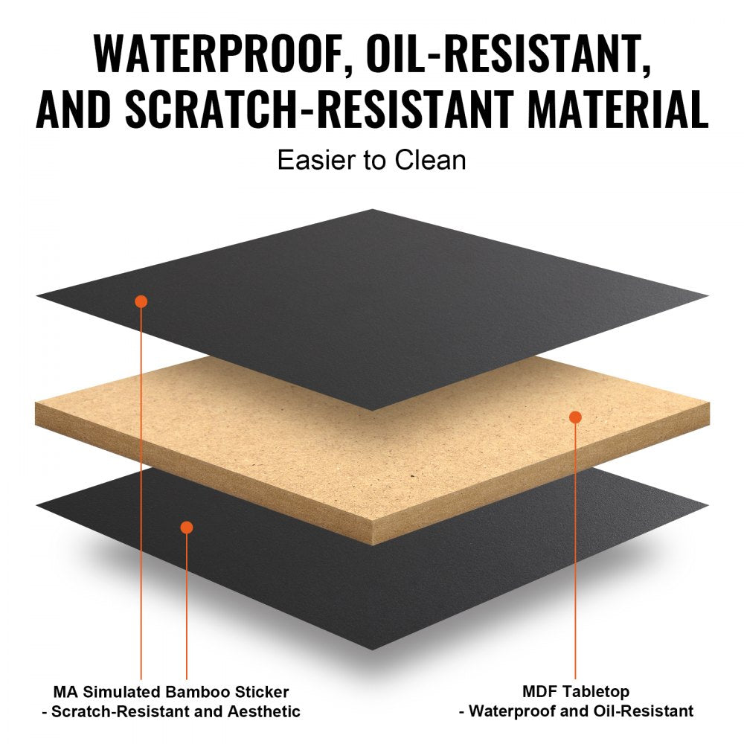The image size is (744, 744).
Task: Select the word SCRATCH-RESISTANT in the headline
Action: [319, 109]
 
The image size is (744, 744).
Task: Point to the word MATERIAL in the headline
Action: [618, 109]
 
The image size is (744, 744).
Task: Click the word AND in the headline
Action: [73, 109]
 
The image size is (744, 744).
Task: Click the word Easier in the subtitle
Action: [317, 160]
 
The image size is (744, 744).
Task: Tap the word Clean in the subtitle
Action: [430, 160]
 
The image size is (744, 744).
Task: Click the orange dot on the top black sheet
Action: [141, 301]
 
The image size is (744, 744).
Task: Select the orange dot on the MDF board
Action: [575, 417]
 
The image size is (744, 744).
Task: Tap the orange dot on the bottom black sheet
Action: [187, 527]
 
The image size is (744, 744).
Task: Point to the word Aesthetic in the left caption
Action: [264, 711]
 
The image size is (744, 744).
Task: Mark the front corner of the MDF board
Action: [373, 545]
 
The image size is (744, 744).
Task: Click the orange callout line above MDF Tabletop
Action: [575, 551]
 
